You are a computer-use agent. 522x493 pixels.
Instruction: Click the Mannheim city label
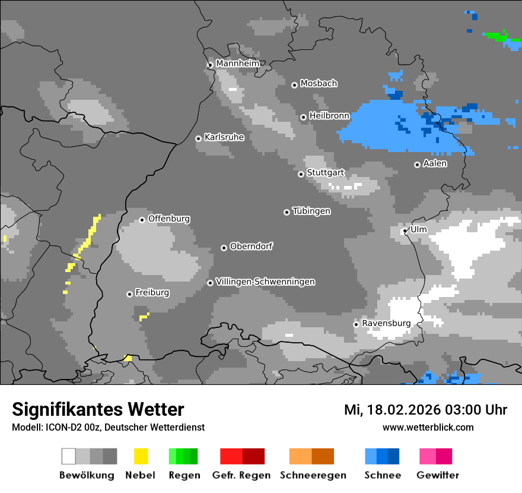[237, 64]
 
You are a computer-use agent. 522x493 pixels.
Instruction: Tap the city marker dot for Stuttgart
[301, 174]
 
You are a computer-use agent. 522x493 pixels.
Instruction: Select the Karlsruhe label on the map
[224, 137]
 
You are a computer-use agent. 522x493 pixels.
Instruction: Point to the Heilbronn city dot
[303, 117]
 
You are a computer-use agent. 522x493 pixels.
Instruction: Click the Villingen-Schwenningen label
[265, 282]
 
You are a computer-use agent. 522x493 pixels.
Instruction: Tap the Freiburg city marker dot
[129, 294]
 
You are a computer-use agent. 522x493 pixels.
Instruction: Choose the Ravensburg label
[386, 323]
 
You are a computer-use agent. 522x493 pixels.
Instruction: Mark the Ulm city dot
[405, 231]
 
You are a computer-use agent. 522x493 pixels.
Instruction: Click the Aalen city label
[435, 163]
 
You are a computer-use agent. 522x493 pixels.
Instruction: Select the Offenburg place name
[169, 219]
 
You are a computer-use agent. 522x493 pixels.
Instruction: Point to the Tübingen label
[311, 211]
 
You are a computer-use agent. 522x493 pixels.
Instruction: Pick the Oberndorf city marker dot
[224, 248]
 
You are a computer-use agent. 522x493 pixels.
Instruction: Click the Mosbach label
[319, 84]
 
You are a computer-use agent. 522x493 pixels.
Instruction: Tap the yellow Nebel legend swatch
[141, 456]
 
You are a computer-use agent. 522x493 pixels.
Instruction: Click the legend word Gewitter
[438, 475]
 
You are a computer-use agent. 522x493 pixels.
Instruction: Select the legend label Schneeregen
[313, 475]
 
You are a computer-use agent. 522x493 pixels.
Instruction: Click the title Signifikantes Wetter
[98, 409]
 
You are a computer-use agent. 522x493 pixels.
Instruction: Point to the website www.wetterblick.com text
[428, 427]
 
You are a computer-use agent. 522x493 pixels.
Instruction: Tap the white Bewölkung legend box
[69, 456]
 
